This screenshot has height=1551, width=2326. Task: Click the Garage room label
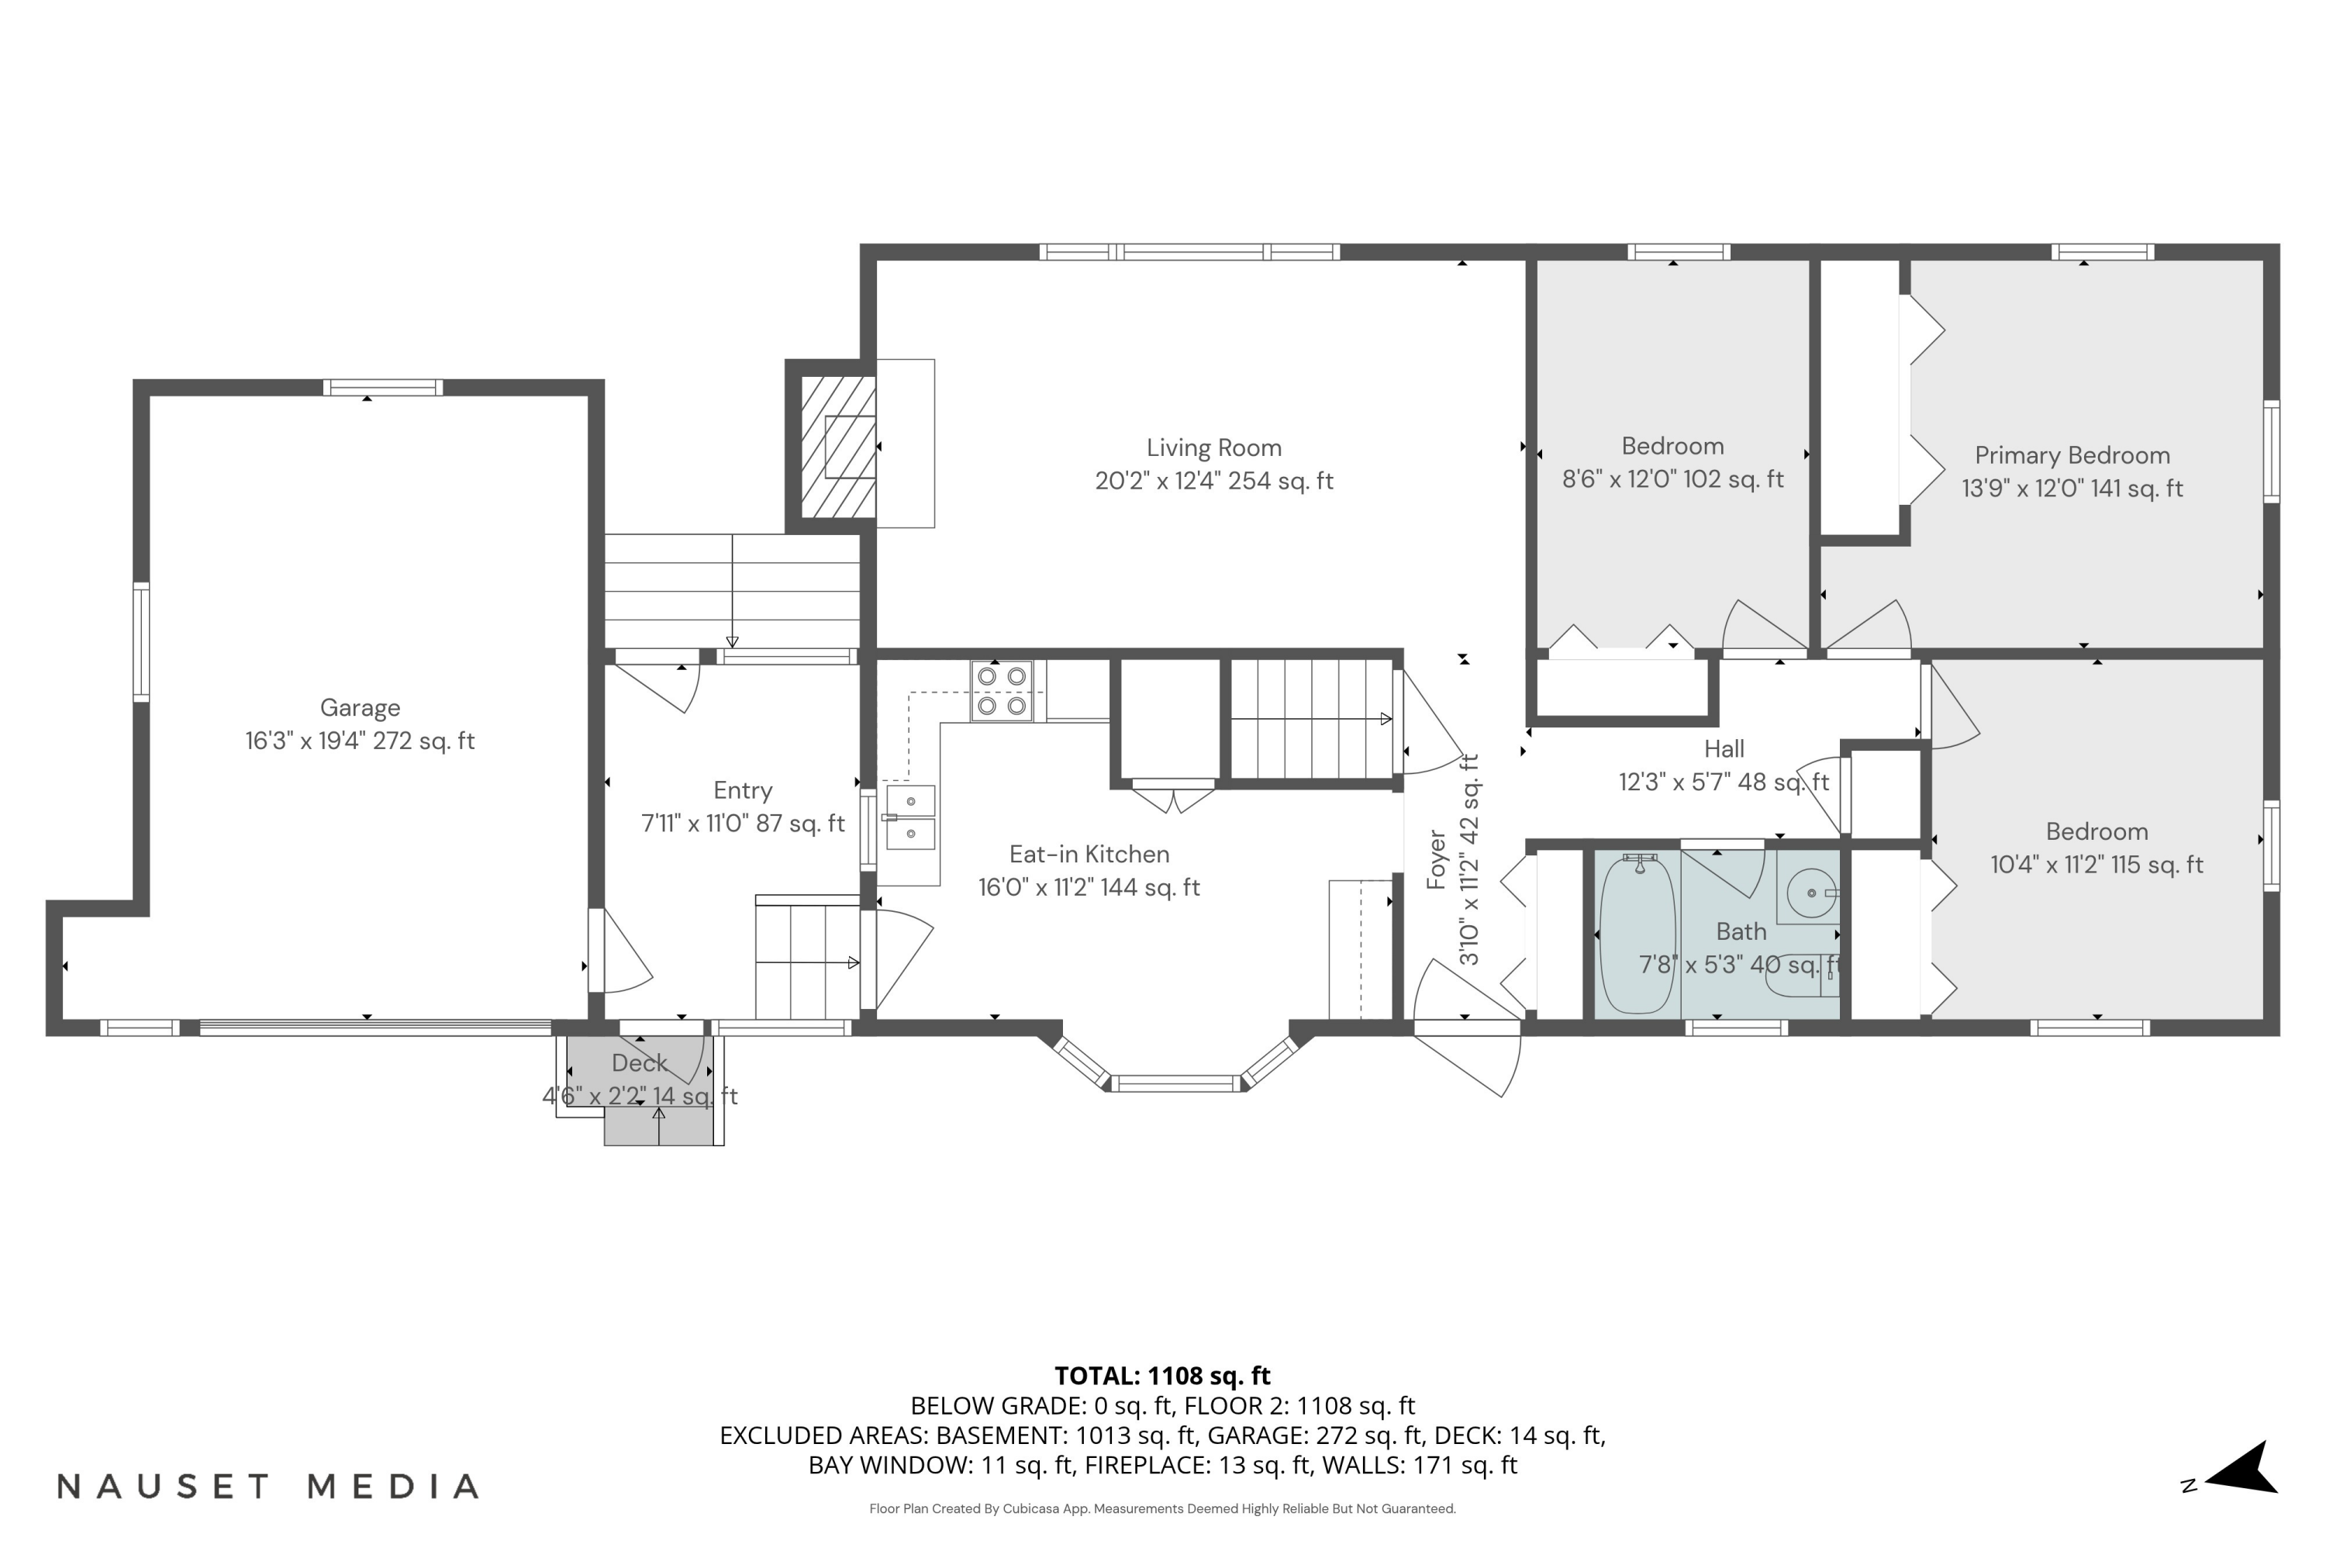click(360, 707)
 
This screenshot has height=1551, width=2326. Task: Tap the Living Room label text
click(1213, 448)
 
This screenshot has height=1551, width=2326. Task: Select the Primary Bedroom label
click(2072, 455)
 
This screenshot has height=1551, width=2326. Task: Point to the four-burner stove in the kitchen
click(1001, 690)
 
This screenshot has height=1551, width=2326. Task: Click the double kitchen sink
click(909, 817)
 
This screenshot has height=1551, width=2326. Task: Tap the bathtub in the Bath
click(1637, 934)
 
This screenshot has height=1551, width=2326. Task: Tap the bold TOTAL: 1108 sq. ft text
click(1162, 1376)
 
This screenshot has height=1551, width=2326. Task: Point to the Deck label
click(639, 1063)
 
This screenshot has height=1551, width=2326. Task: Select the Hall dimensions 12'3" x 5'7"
click(1723, 782)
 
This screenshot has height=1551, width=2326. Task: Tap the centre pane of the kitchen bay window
click(1176, 1083)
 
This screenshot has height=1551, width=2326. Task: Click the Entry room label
click(743, 790)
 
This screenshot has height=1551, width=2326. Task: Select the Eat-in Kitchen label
click(1089, 854)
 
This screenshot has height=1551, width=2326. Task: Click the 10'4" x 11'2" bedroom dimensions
click(2097, 865)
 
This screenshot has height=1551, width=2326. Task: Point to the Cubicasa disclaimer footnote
click(1162, 1508)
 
